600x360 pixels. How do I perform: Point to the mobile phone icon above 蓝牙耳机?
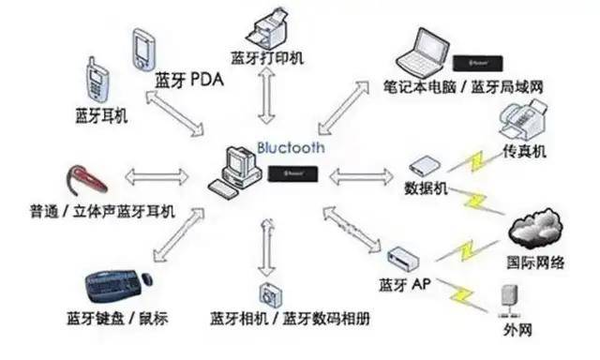[x=97, y=82]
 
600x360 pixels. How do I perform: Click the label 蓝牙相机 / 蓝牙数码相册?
[x=290, y=319]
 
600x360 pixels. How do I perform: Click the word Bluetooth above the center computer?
[x=291, y=148]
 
